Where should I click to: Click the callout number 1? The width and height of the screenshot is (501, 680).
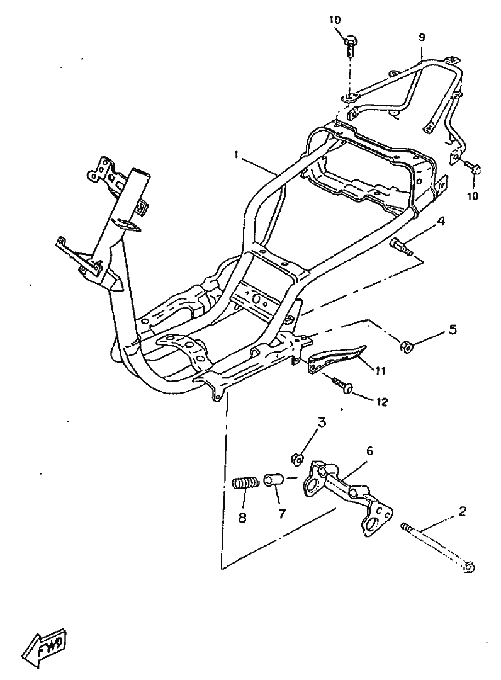click(x=237, y=156)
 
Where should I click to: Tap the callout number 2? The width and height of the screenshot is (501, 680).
click(x=463, y=511)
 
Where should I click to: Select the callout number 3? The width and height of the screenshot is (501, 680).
click(x=322, y=422)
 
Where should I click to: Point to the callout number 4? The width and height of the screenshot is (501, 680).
click(x=441, y=222)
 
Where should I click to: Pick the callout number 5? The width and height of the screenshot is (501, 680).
click(x=453, y=330)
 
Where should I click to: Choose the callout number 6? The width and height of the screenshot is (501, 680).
click(x=369, y=451)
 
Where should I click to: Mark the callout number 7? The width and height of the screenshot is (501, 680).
click(x=282, y=514)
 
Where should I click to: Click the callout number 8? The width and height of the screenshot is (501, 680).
click(x=242, y=518)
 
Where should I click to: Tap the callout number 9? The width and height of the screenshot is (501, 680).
click(x=422, y=37)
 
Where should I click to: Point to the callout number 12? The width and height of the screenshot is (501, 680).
click(x=381, y=402)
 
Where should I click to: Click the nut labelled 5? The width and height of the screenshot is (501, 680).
click(x=406, y=346)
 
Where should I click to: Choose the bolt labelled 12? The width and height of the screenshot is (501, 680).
click(x=342, y=385)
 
